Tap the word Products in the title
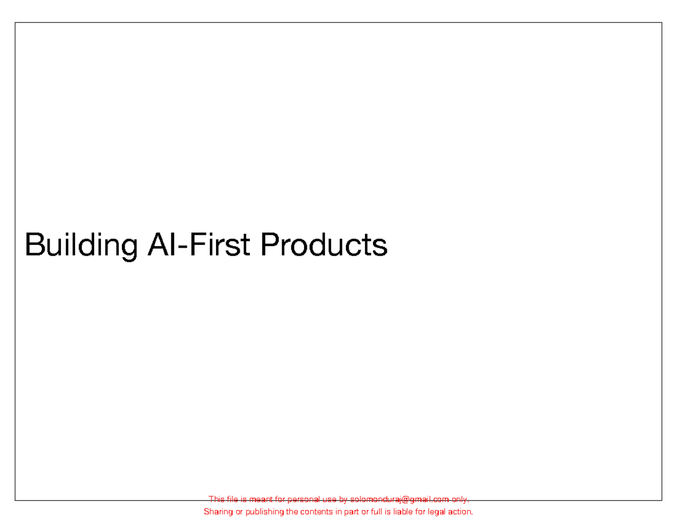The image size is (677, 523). (x=324, y=244)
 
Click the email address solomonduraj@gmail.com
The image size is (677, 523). (x=399, y=499)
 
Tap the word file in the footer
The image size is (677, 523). (x=232, y=499)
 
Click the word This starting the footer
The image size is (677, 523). (x=217, y=499)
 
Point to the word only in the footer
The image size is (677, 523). (x=460, y=499)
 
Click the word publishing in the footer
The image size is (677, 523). (x=263, y=512)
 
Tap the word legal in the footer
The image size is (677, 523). (x=437, y=512)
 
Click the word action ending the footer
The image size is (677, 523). (x=461, y=512)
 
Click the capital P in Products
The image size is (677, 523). (x=268, y=244)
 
